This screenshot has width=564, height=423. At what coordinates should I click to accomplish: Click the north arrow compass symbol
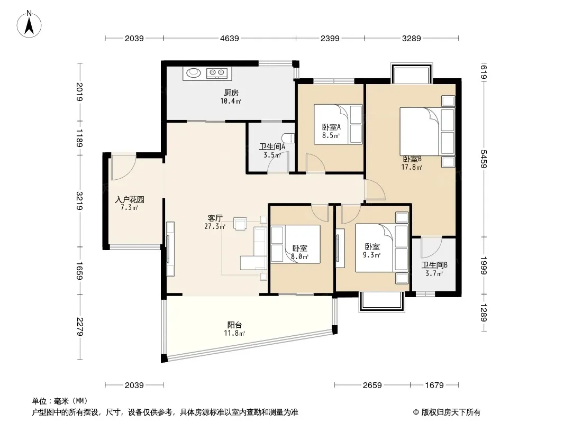point(29,24)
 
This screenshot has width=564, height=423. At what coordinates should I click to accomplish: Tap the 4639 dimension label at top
point(230,38)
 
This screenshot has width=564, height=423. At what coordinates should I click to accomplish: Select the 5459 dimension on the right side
point(484,159)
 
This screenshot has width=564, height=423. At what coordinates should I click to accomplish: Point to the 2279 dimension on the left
point(80,327)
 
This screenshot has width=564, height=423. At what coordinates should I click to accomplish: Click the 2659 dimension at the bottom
point(372,385)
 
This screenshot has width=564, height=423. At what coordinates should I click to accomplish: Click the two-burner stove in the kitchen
point(217,73)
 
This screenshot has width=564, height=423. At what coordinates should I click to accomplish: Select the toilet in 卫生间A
point(288,139)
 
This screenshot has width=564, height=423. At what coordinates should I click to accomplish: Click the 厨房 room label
point(231,93)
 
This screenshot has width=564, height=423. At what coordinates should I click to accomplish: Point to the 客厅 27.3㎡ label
point(215,222)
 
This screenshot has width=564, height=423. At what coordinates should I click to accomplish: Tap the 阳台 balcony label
point(234,325)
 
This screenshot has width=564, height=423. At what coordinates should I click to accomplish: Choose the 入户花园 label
point(130,199)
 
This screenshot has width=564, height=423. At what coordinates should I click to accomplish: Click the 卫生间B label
point(434,265)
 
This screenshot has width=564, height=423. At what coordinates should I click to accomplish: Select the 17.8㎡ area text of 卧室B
point(412,167)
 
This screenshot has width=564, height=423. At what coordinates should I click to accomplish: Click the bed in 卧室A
point(338,124)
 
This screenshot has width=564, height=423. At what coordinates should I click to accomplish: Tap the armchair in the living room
point(240,223)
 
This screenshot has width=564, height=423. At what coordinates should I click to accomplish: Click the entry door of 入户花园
point(123,168)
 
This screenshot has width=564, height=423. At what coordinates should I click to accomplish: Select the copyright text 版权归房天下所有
point(451,412)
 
